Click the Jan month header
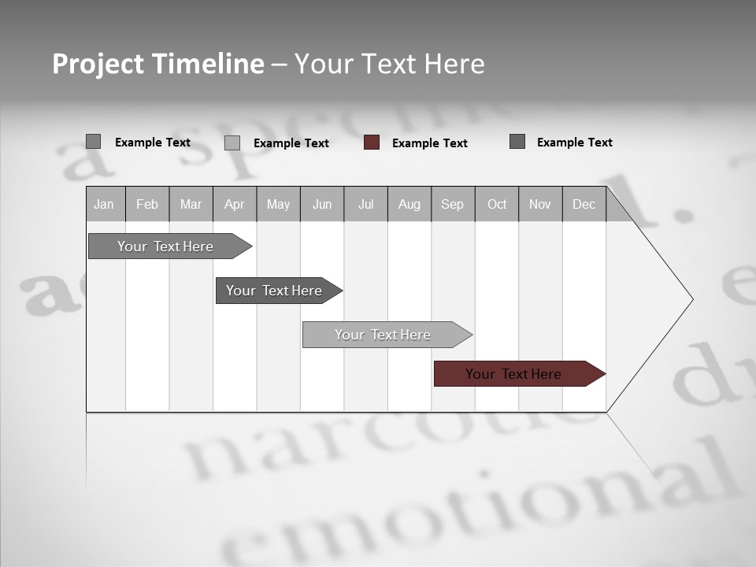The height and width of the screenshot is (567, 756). (105, 204)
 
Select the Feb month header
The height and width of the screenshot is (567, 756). (147, 204)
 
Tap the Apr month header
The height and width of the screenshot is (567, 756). (235, 204)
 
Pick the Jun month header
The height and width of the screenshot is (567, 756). (322, 204)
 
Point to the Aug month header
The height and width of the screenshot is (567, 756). (409, 204)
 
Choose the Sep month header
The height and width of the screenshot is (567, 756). (453, 204)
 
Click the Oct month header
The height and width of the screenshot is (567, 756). (497, 204)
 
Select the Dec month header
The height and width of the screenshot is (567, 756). (584, 204)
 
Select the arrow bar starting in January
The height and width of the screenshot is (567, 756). (165, 246)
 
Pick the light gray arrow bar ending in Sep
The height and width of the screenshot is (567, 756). (384, 335)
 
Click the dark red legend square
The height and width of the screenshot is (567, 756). (372, 143)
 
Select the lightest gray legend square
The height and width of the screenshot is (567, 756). (232, 143)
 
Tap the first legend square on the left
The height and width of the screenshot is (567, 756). (93, 142)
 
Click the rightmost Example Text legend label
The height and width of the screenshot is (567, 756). (574, 143)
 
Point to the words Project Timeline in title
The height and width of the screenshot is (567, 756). (157, 64)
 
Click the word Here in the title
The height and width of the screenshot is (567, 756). (454, 64)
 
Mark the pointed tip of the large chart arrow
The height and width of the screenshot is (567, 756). (691, 299)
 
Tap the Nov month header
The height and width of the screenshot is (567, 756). (540, 204)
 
